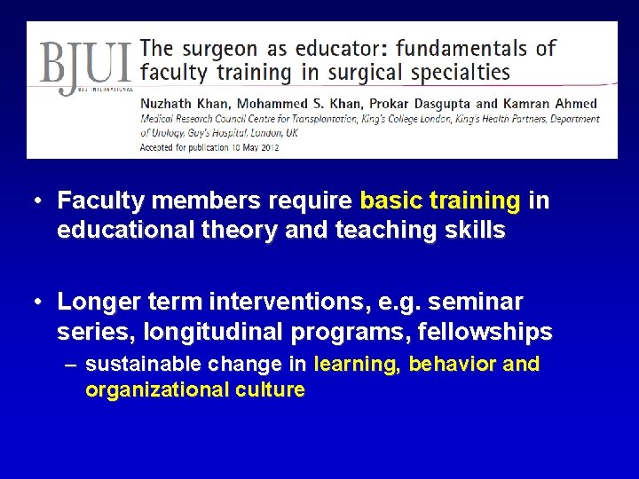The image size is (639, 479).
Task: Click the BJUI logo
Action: coord(85,66)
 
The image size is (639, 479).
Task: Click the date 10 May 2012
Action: coord(252,147)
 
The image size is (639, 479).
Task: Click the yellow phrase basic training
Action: coord(440,201)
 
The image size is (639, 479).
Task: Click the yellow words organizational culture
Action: coord(195,389)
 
